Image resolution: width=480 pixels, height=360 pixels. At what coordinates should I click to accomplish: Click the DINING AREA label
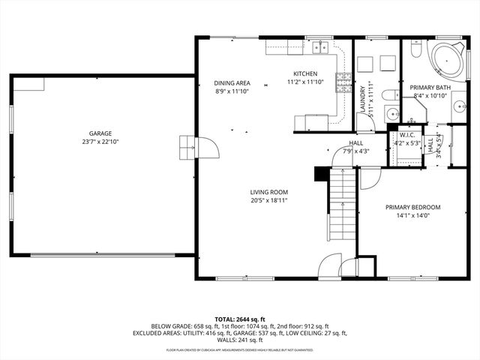point(232,82)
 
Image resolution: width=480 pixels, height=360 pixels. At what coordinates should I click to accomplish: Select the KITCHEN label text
point(305,73)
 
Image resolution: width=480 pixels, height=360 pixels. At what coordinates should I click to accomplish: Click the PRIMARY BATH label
point(430,87)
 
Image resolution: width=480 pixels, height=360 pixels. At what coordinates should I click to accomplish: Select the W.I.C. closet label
point(408,135)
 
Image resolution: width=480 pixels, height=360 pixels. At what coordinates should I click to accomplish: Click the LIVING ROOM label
point(269,192)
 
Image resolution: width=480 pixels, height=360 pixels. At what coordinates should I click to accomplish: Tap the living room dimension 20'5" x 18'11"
point(269,201)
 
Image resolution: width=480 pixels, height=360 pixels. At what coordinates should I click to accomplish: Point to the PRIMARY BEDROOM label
point(412,207)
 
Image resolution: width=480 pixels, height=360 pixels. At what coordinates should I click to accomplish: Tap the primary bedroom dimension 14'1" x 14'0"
point(412,216)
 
